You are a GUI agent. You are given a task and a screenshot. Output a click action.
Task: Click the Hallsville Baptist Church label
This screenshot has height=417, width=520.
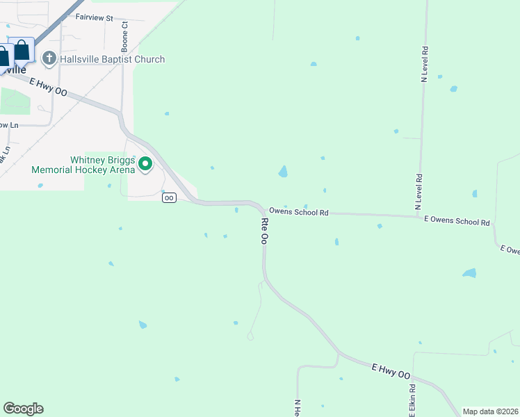pyautogui.click(x=113, y=59)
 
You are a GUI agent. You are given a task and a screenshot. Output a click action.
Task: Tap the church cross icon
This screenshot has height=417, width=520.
pyautogui.click(x=49, y=58)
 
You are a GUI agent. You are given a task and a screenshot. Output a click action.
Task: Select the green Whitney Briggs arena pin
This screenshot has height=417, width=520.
pyautogui.click(x=145, y=164)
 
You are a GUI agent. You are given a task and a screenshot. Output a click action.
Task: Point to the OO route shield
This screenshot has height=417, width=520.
pyautogui.click(x=169, y=198)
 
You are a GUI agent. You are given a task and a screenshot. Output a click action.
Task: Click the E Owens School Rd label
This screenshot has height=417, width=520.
pyautogui.click(x=457, y=222)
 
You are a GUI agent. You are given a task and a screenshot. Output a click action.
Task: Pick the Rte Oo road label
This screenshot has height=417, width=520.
pyautogui.click(x=264, y=230)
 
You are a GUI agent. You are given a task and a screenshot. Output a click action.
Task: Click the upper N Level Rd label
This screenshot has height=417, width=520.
pyautogui.click(x=424, y=65)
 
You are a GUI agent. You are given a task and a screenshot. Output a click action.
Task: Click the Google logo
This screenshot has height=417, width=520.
pyautogui.click(x=23, y=409)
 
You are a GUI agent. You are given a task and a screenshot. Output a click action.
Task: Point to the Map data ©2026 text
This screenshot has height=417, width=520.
pyautogui.click(x=490, y=411)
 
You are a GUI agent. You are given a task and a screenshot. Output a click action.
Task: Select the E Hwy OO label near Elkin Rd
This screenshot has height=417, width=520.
pyautogui.click(x=391, y=370)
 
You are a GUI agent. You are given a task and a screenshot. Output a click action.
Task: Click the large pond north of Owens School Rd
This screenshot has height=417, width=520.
pyautogui.click(x=283, y=171)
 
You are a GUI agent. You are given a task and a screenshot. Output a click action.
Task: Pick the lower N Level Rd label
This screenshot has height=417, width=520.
pyautogui.click(x=419, y=192)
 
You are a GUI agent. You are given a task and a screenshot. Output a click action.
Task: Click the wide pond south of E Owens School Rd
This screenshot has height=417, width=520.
pyautogui.click(x=470, y=273)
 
